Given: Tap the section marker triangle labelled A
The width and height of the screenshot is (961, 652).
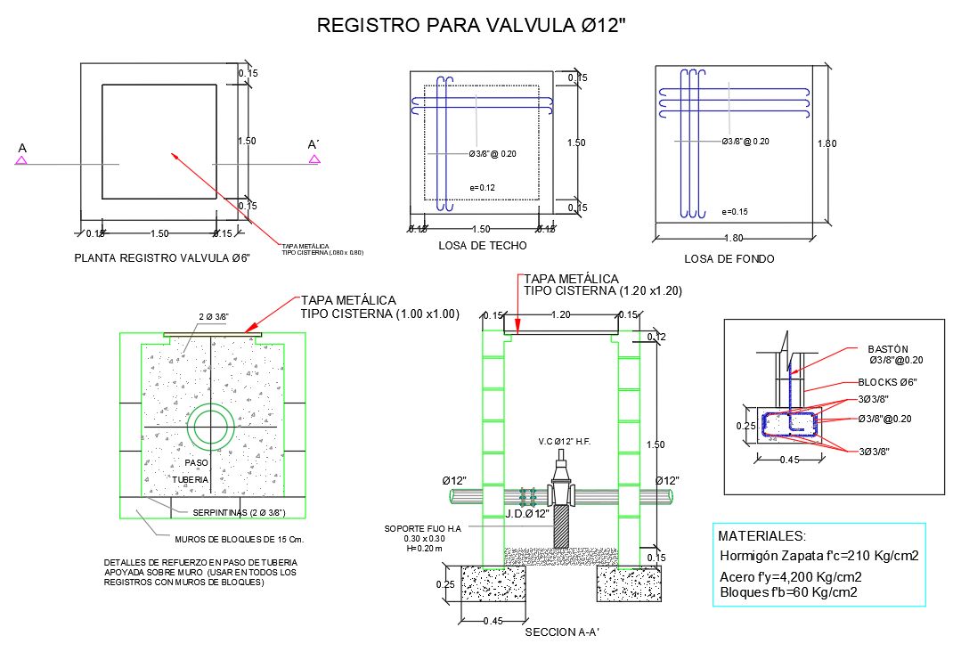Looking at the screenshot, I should pos(21,160).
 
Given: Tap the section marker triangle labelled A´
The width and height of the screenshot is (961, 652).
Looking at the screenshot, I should pos(314,159).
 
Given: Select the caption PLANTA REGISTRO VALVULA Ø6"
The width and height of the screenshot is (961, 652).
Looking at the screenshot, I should pos(162,258).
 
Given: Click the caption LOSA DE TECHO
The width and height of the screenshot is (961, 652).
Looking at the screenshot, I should pos(483,245).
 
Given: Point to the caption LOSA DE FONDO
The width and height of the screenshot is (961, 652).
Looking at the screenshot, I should pos(729,259).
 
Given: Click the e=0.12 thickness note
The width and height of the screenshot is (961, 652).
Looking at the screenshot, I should pos(482,187).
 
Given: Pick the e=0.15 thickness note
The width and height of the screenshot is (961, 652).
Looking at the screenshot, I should pos(735,212).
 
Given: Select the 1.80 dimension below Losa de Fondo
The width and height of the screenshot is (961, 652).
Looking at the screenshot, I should pos(733,238).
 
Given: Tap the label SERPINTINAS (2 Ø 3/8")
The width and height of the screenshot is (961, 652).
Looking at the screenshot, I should pos(239,512).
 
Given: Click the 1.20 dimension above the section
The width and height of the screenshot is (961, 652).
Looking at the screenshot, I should pos(561,314).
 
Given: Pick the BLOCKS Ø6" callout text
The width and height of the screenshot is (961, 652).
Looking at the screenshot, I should pos(888,381).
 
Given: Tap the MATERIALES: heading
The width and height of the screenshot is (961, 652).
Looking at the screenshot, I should pos(761,536).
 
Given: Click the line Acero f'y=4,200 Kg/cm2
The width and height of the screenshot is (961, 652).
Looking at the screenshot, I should pos(790,576).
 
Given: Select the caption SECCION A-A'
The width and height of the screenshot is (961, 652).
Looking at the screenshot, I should pos(561,633).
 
